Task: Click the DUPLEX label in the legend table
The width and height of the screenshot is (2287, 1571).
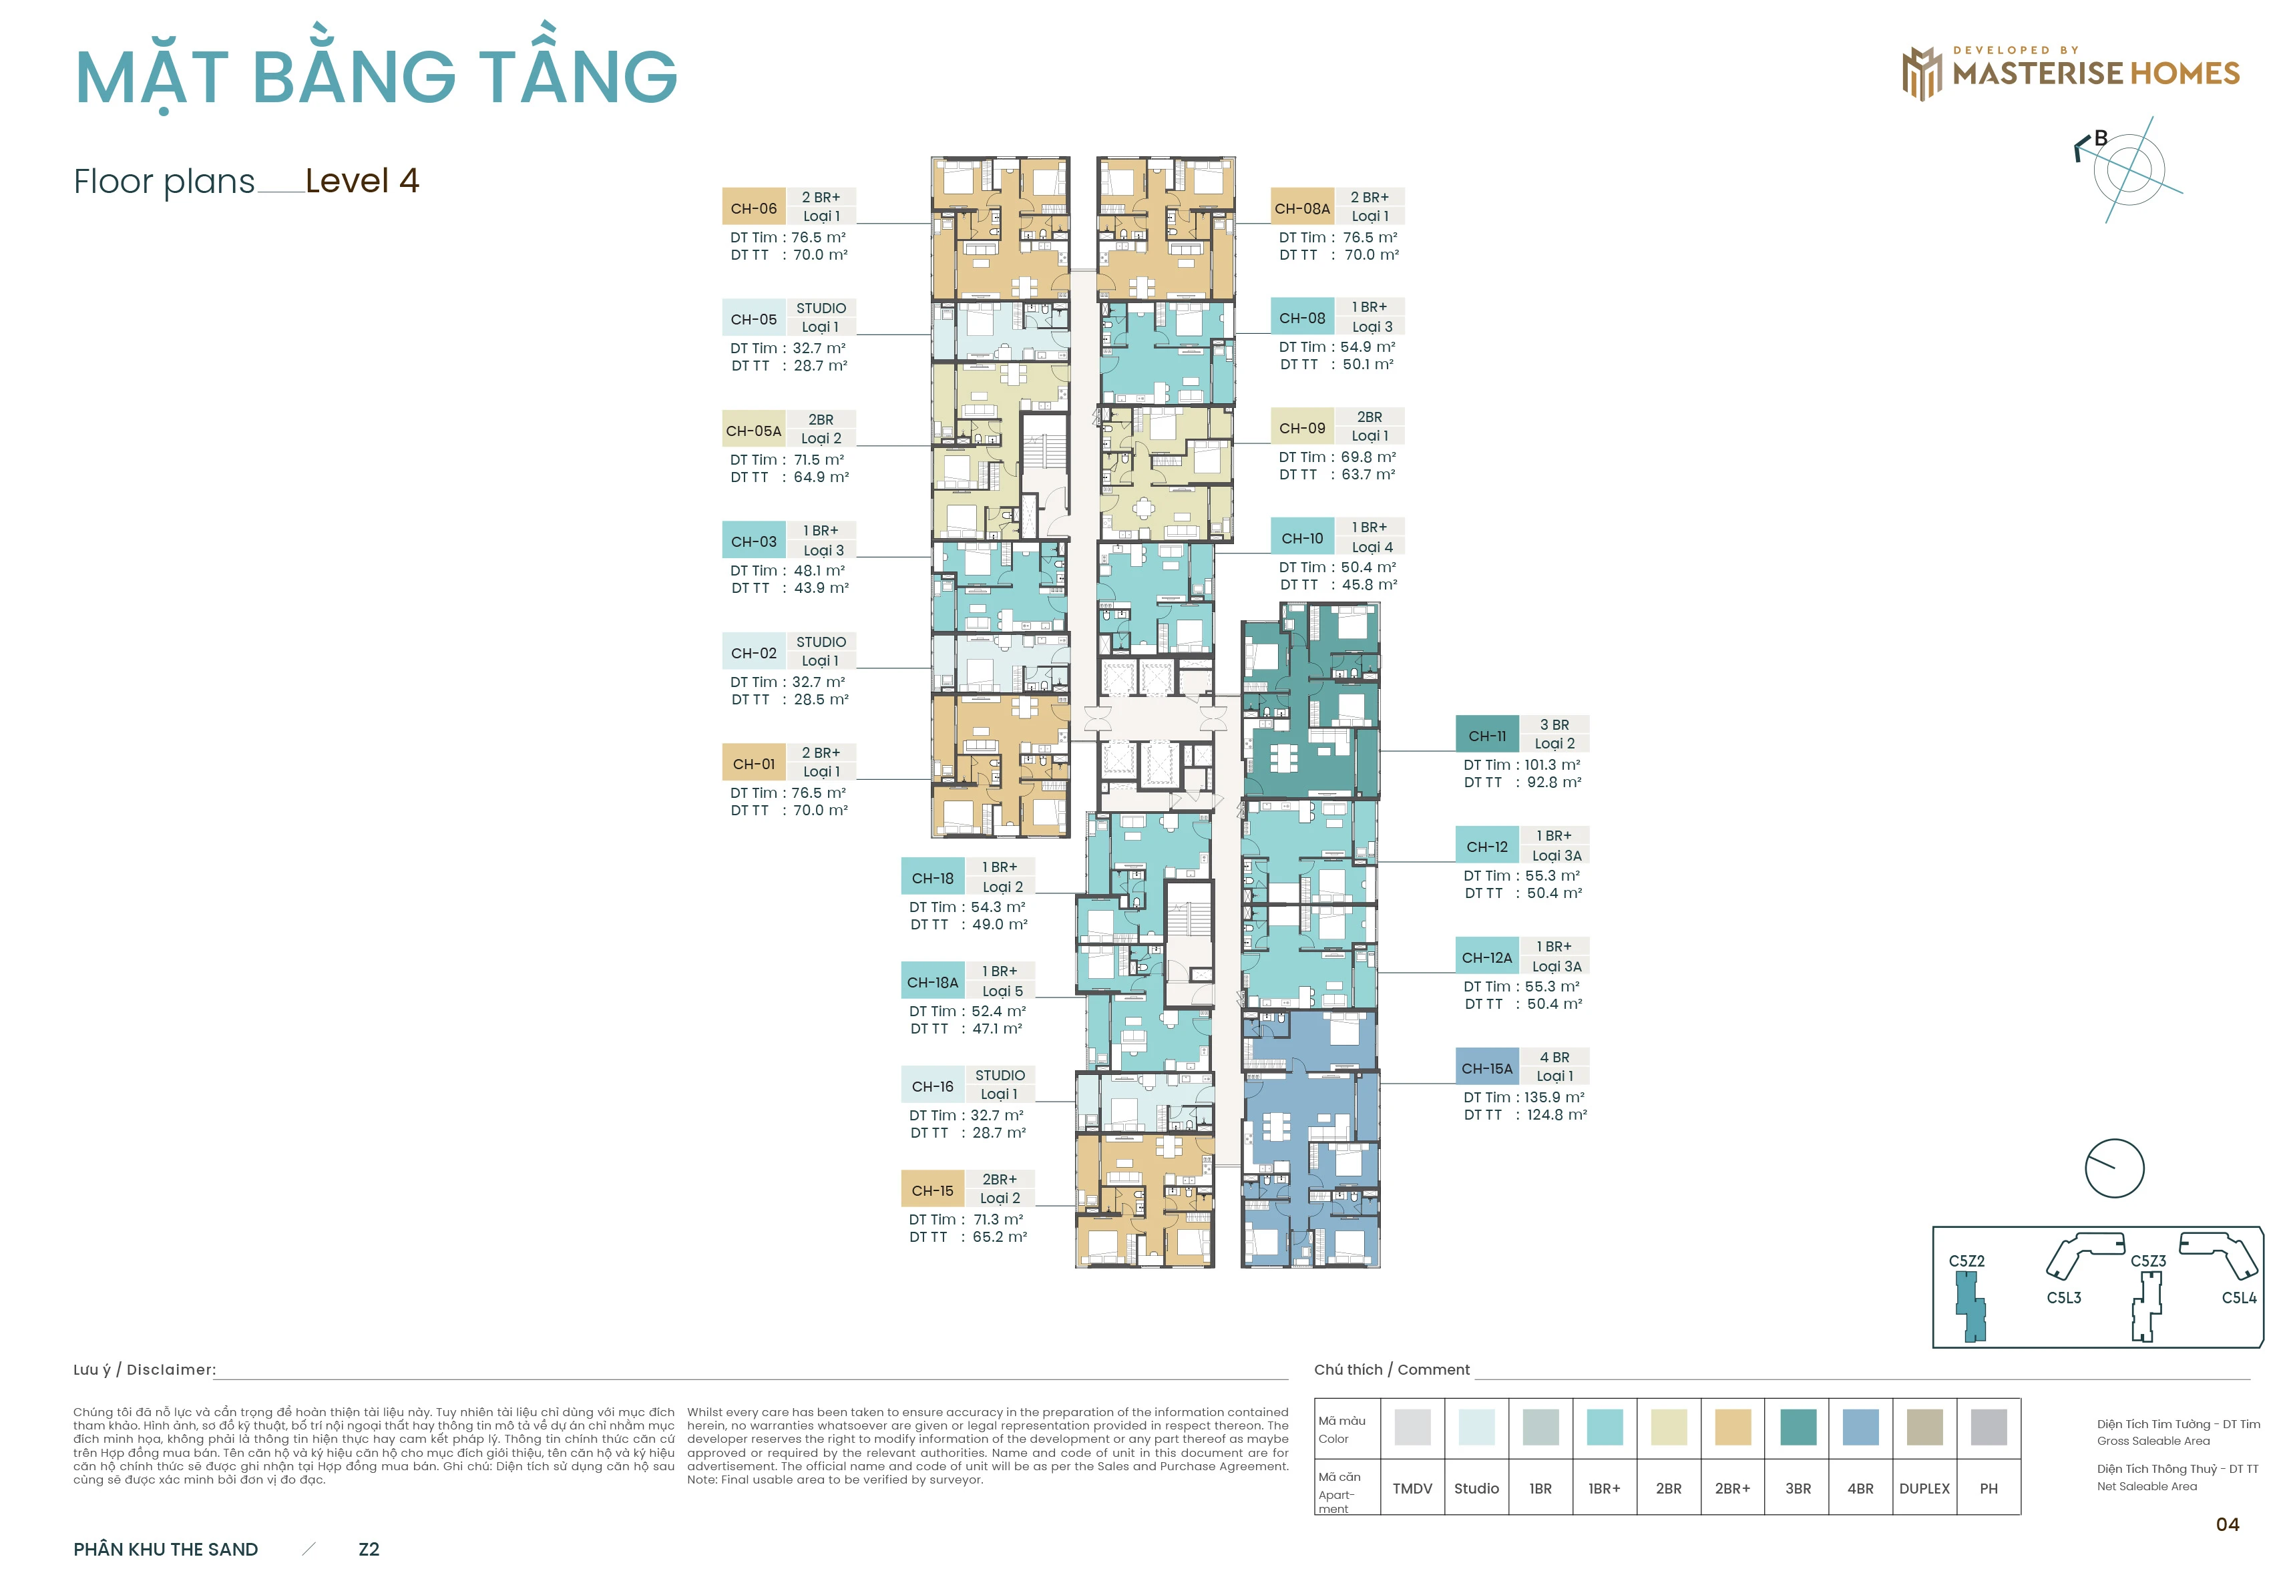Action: pyautogui.click(x=1924, y=1488)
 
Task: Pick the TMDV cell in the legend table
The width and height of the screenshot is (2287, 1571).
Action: pyautogui.click(x=1412, y=1488)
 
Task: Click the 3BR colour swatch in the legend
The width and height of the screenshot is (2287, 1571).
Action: pyautogui.click(x=1798, y=1426)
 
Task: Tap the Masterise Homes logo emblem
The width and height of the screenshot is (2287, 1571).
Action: pyautogui.click(x=1921, y=73)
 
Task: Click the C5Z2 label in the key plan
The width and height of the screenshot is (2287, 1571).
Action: pyautogui.click(x=1966, y=1261)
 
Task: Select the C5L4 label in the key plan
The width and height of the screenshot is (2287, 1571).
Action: pyautogui.click(x=2239, y=1297)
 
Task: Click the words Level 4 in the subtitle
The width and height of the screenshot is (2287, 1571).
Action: pyautogui.click(x=363, y=180)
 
